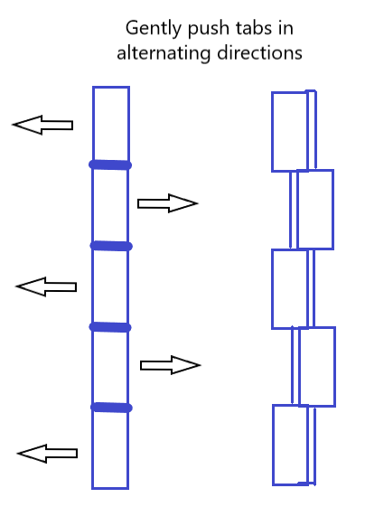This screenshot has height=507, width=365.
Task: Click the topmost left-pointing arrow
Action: coord(42,125)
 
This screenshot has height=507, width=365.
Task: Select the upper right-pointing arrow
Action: coord(167,203)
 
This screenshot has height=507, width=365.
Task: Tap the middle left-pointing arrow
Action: coord(46,286)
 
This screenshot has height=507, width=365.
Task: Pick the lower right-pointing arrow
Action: coord(171,365)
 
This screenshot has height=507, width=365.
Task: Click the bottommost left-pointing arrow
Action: coord(47,454)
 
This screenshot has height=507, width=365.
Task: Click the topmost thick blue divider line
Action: coord(110,164)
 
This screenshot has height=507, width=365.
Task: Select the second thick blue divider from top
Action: coord(111,246)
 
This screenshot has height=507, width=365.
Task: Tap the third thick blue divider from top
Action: coord(110,327)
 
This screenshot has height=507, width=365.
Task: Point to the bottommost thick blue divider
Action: coord(111,408)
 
